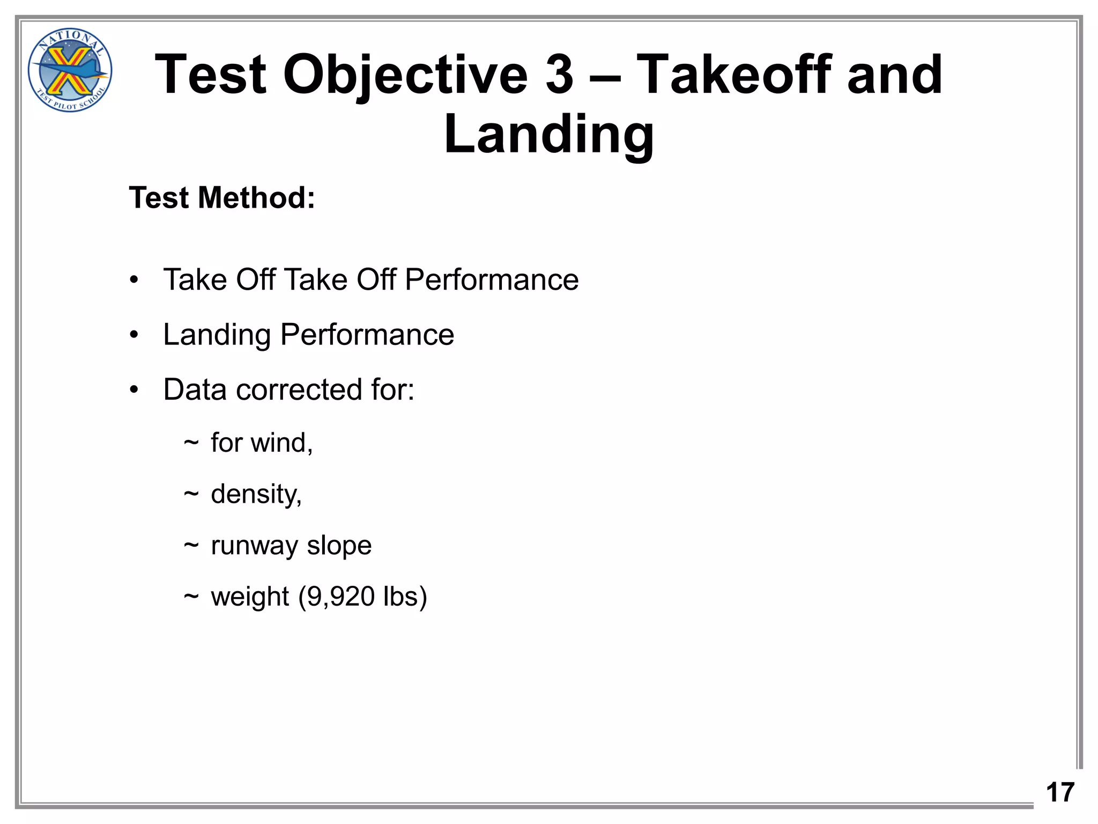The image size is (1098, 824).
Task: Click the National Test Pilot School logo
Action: click(70, 70)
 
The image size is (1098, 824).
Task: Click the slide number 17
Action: click(1060, 792)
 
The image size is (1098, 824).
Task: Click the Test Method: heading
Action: click(222, 197)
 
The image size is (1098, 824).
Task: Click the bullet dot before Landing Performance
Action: click(134, 335)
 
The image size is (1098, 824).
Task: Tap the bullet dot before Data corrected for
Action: click(134, 390)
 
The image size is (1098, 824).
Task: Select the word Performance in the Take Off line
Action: click(492, 279)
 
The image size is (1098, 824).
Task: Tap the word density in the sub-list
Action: click(255, 494)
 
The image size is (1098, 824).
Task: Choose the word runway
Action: click(254, 546)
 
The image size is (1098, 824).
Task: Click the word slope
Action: click(339, 545)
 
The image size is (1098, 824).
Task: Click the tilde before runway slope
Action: click(191, 546)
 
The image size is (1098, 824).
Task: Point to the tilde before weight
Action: click(191, 597)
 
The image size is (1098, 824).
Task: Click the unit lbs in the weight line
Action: click(400, 597)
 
